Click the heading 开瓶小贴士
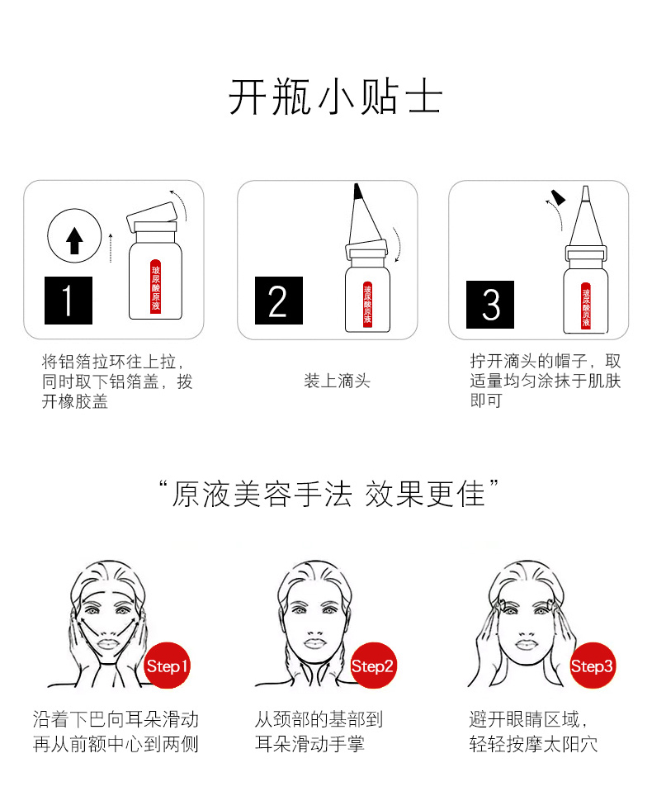335,97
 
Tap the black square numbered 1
69,301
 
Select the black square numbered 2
279,301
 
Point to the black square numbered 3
490,305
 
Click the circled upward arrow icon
74,235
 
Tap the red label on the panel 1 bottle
156,287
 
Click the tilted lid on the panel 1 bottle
152,217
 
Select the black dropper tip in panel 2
357,192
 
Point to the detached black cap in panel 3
558,197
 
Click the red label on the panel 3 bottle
586,306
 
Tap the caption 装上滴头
338,381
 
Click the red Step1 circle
167,666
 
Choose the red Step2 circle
373,666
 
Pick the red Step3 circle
592,666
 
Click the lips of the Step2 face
315,643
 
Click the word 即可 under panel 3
486,400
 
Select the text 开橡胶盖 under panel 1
75,401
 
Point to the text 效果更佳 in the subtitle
425,494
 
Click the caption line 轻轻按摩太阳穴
533,744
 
